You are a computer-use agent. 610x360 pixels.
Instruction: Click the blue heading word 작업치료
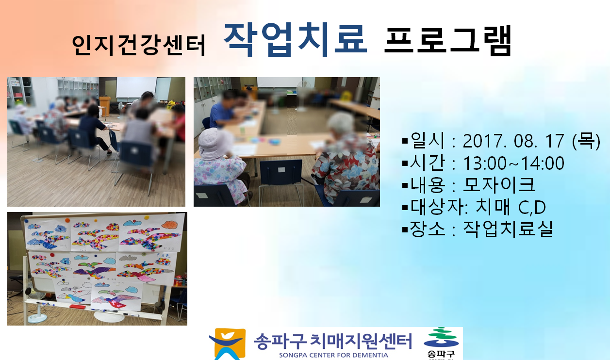click(295, 40)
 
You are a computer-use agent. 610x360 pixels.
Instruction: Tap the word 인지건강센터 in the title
click(139, 46)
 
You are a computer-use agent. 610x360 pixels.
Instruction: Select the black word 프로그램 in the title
click(448, 41)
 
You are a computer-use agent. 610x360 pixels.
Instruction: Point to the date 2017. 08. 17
click(513, 141)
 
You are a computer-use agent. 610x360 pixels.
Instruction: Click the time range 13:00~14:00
click(513, 163)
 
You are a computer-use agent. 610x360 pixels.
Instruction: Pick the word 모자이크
click(499, 185)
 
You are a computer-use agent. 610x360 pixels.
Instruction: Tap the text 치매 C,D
click(511, 207)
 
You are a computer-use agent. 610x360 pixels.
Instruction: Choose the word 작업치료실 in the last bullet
click(508, 229)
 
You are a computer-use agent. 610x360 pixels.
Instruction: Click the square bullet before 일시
click(405, 141)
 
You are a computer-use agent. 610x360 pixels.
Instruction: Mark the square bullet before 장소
click(405, 229)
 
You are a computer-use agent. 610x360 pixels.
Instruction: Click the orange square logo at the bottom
click(228, 344)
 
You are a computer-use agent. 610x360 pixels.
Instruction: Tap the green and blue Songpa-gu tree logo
click(441, 338)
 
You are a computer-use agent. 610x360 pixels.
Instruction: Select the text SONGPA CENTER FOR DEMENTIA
click(333, 355)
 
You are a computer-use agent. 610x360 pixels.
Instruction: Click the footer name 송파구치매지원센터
click(333, 341)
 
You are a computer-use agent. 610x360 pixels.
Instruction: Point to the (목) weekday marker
click(586, 141)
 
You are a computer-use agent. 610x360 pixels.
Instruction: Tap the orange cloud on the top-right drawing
click(170, 225)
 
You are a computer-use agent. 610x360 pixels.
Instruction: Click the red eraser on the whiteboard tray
click(77, 307)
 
